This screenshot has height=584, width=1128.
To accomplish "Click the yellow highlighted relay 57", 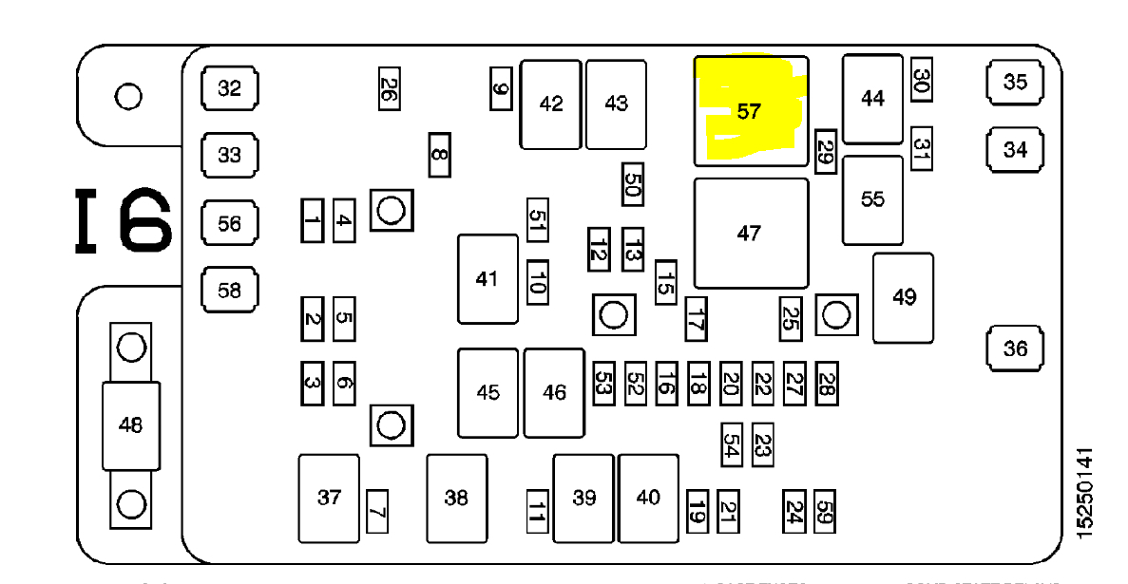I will pos(751,111).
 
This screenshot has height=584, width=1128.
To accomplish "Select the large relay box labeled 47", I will pos(751,233).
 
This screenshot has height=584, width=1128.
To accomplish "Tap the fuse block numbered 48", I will pos(131,425).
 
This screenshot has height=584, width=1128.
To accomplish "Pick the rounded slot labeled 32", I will pos(230,89).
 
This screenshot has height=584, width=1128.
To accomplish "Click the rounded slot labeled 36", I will pos(1015,349).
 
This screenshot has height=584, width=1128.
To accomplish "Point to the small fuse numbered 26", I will pos(388,88).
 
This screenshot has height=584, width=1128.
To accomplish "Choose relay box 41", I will pos(488,278).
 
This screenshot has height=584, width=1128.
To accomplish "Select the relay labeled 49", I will pos(904,297).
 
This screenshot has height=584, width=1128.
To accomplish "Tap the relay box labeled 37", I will pos(329,497).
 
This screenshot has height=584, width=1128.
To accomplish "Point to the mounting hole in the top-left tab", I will pos(127,96).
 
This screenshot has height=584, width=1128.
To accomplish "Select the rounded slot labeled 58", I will pos(230,291).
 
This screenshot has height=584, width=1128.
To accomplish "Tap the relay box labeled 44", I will pos(871,98).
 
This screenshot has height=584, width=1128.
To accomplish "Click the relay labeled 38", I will pos(456,497).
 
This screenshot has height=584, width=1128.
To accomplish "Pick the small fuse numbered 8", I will pos(438,154).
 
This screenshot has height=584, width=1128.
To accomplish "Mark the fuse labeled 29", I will pos(825,151).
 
